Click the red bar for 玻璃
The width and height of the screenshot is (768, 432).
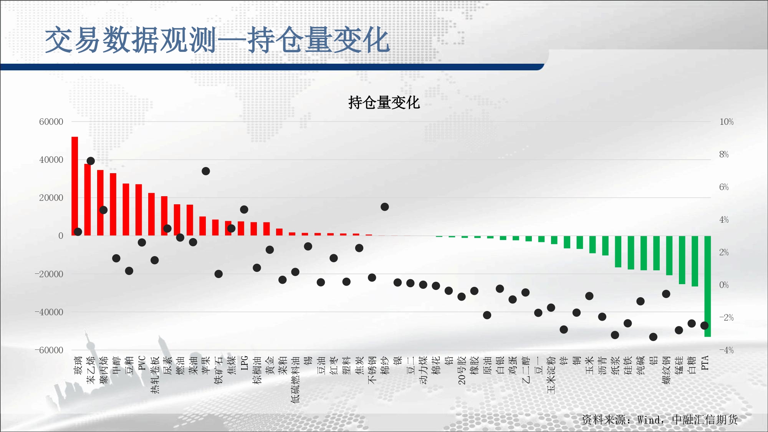[x=75, y=186]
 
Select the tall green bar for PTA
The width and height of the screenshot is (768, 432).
[x=708, y=286]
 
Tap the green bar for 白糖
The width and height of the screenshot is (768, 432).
[x=695, y=261]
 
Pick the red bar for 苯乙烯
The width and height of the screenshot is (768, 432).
[x=88, y=200]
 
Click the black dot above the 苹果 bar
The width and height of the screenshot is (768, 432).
[x=206, y=171]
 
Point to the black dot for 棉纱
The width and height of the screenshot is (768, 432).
[x=385, y=207]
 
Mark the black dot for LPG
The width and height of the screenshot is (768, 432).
[x=244, y=210]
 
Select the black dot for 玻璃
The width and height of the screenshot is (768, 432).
[x=78, y=232]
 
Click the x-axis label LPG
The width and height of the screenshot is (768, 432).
[x=245, y=363]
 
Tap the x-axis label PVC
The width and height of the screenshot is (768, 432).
[x=142, y=363]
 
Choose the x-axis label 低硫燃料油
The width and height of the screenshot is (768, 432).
[x=295, y=379]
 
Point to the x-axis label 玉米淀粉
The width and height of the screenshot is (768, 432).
[x=551, y=375]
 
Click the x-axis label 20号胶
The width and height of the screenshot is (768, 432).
[x=462, y=370]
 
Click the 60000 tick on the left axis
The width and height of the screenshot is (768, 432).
[x=51, y=122]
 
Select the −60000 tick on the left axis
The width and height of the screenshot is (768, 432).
[x=49, y=350]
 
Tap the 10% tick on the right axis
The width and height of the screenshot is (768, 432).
[x=727, y=122]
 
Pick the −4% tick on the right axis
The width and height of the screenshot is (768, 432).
[x=727, y=350]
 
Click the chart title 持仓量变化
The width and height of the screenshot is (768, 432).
[x=384, y=103]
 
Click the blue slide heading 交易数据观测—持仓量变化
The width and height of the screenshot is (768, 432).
[x=217, y=40]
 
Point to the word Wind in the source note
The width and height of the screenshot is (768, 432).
[x=649, y=420]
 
